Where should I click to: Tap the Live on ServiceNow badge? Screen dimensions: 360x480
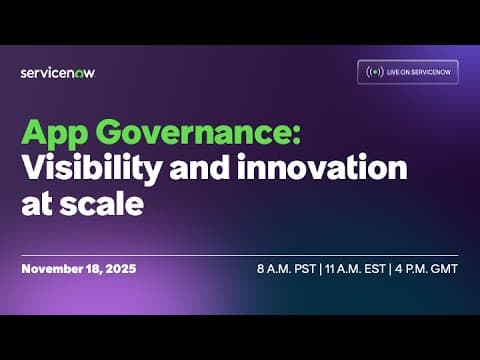click(408, 72)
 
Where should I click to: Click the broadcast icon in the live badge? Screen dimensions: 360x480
click(375, 72)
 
